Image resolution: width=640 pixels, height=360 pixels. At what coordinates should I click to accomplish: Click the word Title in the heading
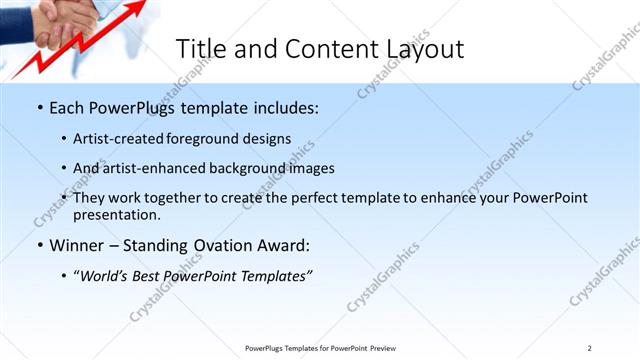pos(200,49)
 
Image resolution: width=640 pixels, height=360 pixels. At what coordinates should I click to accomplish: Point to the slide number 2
pos(589,348)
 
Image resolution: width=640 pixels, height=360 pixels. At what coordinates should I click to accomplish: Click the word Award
pos(286,245)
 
